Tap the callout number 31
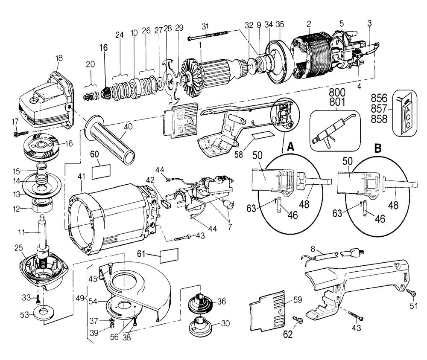205,26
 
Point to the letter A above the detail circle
291,147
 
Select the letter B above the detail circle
378,148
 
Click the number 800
337,92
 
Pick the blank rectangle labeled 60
101,172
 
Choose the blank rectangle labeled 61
169,256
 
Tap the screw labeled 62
298,320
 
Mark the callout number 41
81,176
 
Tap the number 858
379,119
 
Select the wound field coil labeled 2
313,57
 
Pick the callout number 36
222,301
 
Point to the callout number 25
18,248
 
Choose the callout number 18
59,58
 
